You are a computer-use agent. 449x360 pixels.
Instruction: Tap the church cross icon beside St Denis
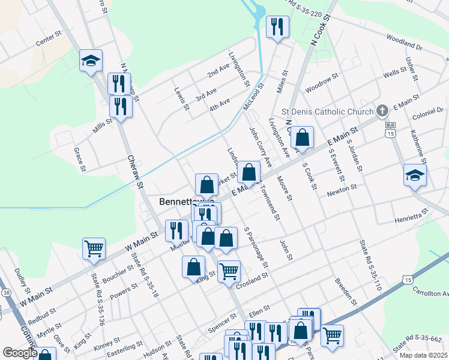click(382, 111)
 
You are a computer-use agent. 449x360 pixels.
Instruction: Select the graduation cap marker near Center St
click(91, 61)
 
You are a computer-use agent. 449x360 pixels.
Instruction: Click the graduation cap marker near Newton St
click(415, 175)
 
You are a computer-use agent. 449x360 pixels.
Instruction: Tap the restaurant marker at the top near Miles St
click(277, 26)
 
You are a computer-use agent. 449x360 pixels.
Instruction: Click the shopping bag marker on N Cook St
click(304, 137)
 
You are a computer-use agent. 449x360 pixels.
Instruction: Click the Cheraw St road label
click(134, 172)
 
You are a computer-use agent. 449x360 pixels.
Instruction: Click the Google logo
click(20, 353)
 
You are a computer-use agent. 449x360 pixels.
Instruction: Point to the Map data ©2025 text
click(423, 355)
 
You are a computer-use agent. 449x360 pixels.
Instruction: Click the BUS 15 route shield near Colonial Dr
click(391, 130)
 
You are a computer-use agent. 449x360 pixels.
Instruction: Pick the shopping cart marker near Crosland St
click(229, 271)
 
